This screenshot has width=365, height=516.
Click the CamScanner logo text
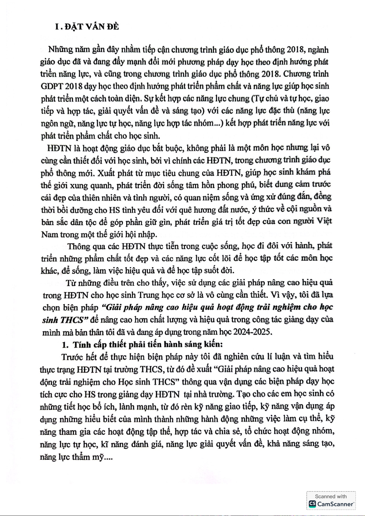[x=335, y=504]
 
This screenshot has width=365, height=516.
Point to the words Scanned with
[x=331, y=496]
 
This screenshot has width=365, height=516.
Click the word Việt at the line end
[x=324, y=221]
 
